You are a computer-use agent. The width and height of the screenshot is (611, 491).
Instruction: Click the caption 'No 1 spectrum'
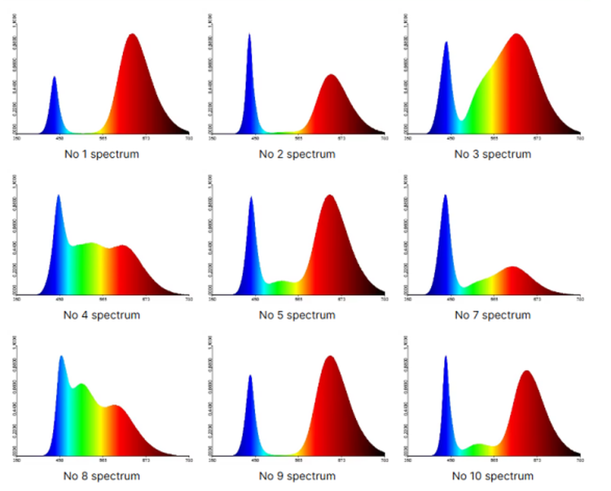[x=102, y=154]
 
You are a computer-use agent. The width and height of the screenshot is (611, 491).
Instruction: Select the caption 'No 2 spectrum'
[x=297, y=154]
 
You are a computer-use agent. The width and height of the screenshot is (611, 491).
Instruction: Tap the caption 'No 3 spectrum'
[x=492, y=154]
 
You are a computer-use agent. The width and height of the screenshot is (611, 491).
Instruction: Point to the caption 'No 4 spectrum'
[x=102, y=315]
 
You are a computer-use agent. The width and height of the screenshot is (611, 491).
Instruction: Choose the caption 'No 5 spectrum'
[x=297, y=315]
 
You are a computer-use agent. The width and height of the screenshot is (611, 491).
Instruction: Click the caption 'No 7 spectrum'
[x=492, y=315]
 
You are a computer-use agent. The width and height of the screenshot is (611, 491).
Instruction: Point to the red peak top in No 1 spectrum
[x=132, y=34]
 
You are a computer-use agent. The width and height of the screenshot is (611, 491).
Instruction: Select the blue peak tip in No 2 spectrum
[x=249, y=34]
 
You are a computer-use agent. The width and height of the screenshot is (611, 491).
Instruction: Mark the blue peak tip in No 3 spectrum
[x=446, y=42]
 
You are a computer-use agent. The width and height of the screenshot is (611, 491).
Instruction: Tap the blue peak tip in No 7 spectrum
[x=445, y=195]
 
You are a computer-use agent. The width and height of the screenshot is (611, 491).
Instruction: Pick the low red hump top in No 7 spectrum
[x=513, y=267]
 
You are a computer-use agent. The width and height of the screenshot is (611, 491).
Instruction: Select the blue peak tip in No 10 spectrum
[x=446, y=356]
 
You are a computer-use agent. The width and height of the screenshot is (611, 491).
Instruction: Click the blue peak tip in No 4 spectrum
[x=58, y=195]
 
